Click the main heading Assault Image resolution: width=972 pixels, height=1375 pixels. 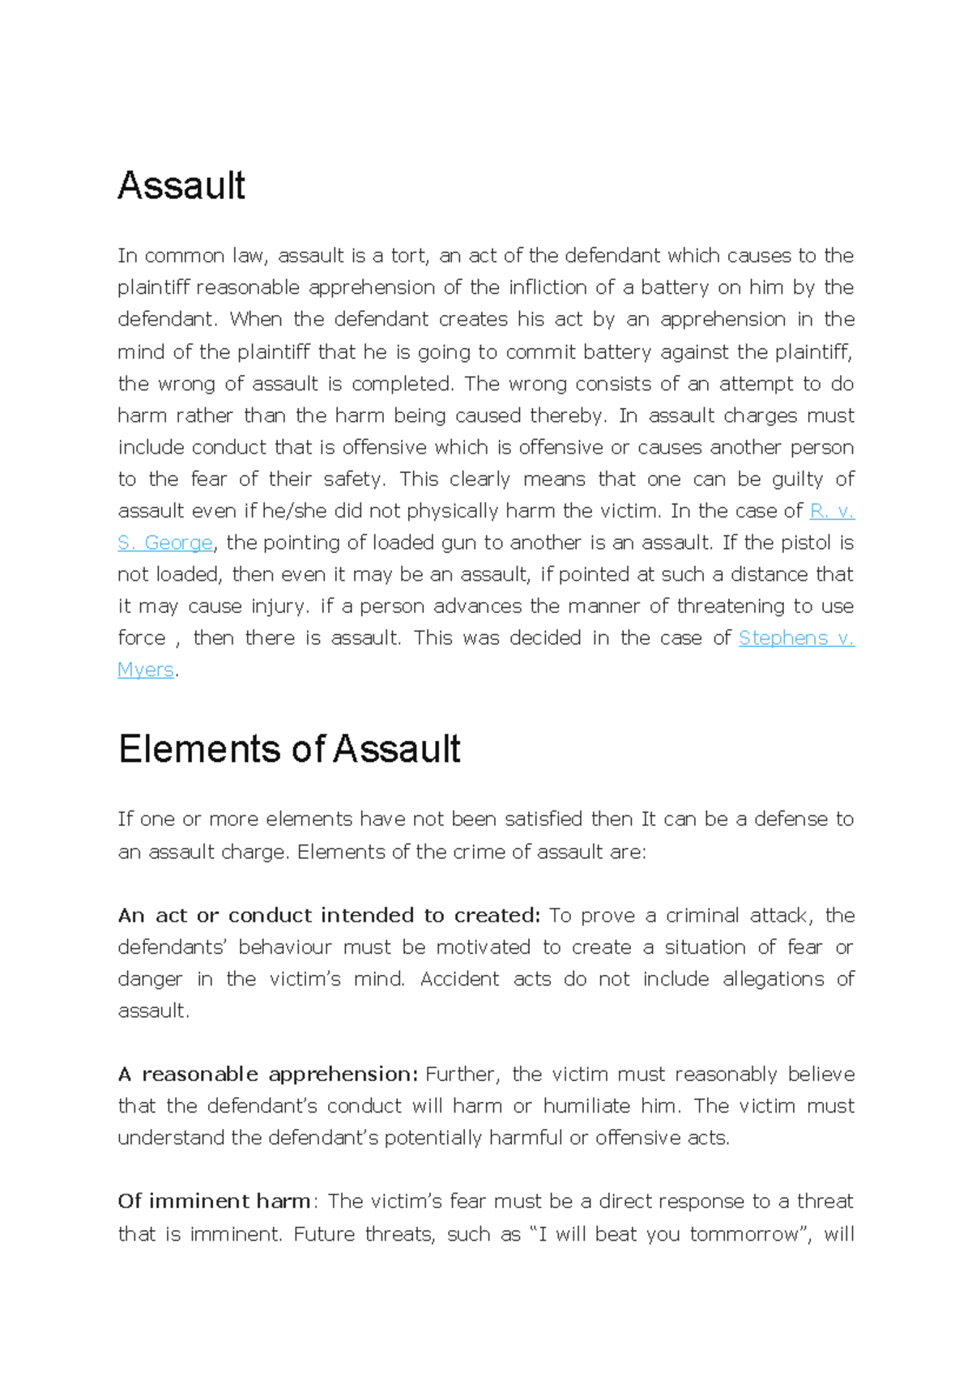coord(181,186)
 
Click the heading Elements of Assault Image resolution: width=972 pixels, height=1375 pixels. coord(289,749)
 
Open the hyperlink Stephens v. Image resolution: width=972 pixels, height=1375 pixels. coord(796,638)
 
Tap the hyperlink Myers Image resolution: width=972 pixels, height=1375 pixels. coord(146,670)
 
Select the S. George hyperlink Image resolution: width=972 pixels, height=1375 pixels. coord(165,543)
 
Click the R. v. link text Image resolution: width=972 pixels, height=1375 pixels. coord(832,511)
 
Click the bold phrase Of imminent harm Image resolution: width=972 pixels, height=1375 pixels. coord(214,1201)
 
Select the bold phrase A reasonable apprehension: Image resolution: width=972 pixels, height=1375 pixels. coord(268,1075)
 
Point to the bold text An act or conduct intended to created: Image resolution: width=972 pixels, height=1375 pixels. coord(328,916)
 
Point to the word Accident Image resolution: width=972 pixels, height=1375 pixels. coord(459,979)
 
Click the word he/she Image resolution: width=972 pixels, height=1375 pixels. coord(289,511)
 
